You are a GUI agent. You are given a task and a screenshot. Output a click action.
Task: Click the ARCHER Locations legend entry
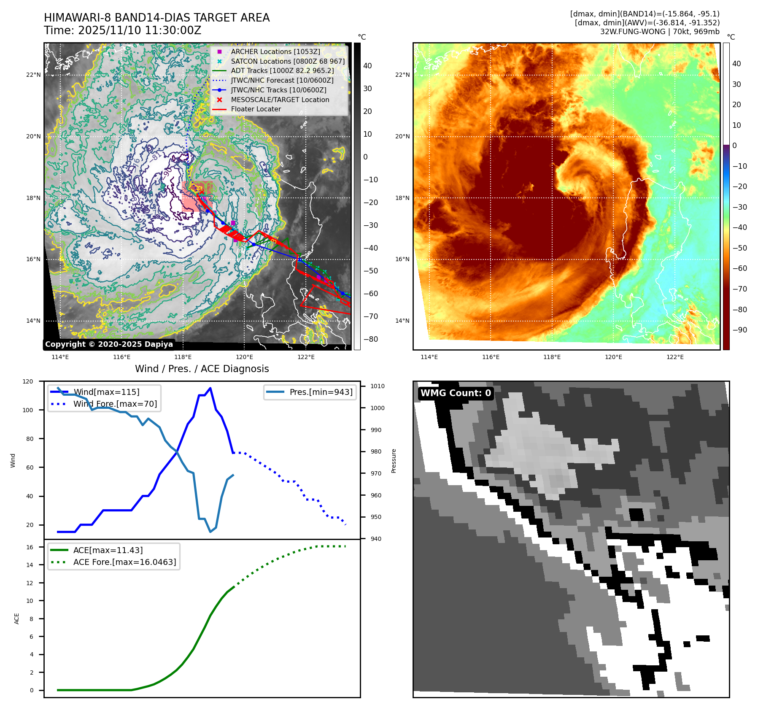point(275,51)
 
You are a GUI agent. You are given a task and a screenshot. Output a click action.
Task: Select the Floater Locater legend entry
point(256,109)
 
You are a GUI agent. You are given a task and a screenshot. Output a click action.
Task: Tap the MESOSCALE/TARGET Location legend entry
point(280,100)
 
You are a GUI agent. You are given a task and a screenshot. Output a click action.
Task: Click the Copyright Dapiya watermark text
point(109,344)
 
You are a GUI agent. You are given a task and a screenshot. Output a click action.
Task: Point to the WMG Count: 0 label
point(456,393)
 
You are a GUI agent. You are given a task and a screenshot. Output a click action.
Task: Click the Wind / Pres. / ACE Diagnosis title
point(202,369)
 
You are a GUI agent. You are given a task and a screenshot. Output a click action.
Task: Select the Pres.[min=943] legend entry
point(321,392)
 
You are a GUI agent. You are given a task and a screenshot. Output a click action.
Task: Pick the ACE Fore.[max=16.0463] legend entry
point(124,562)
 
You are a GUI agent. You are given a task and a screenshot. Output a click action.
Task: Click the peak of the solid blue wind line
point(210,388)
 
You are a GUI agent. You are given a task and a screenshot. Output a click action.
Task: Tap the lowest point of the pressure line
point(210,532)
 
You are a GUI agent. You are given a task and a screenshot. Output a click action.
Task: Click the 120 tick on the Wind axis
point(28,381)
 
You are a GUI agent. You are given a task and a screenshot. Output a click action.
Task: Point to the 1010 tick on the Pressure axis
point(378,386)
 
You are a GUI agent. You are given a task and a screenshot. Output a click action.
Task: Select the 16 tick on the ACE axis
point(30,547)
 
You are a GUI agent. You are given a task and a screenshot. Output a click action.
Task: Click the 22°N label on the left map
point(33,75)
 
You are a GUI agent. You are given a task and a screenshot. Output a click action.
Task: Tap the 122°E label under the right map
point(675,357)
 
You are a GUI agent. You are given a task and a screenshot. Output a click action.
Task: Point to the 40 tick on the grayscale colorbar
point(367,66)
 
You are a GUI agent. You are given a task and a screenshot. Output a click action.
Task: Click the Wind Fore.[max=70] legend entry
point(115,404)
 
